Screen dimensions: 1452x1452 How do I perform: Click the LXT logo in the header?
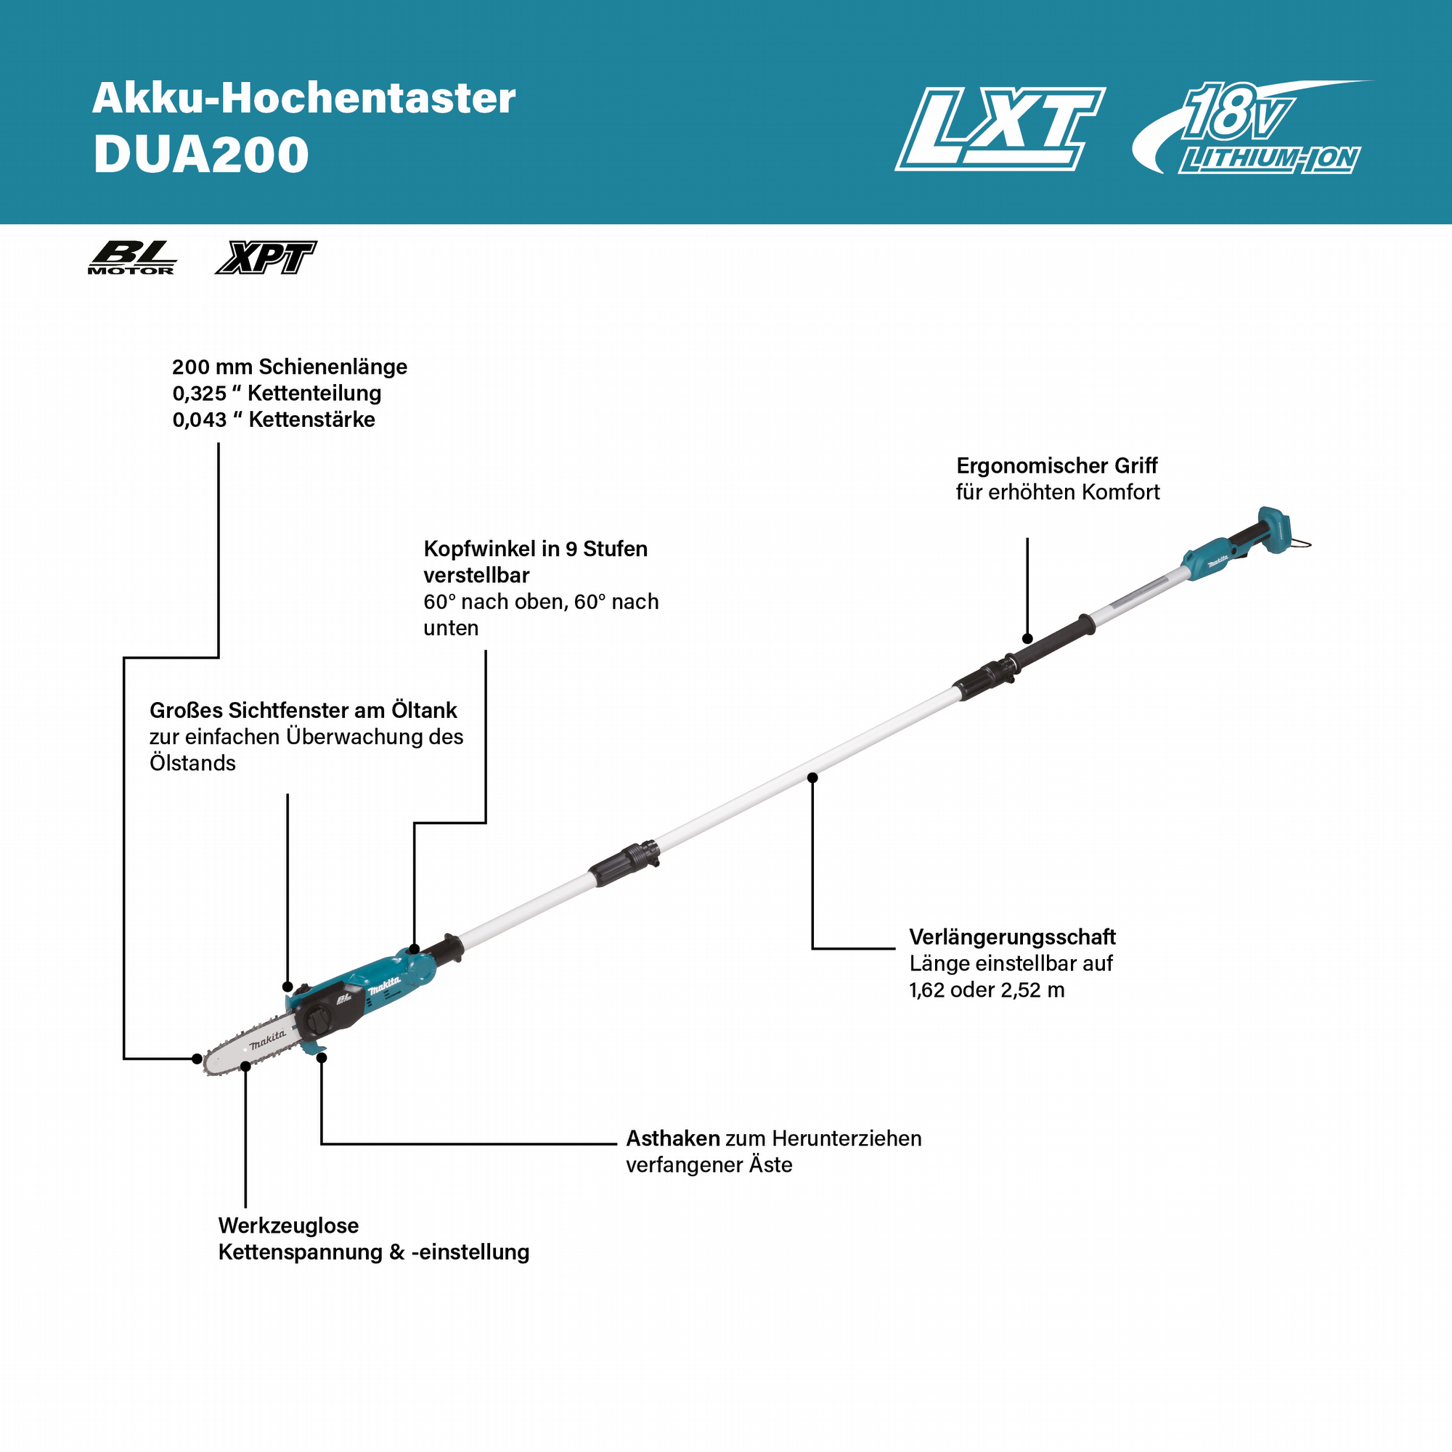tap(1000, 129)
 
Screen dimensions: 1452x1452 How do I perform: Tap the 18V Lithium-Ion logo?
tap(1252, 127)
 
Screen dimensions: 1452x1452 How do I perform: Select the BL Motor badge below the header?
tap(132, 258)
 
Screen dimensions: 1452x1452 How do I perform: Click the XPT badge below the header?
tap(266, 258)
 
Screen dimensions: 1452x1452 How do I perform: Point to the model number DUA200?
tap(201, 155)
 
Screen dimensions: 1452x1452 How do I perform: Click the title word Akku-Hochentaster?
tap(303, 99)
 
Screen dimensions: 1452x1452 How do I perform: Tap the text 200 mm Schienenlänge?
tap(290, 367)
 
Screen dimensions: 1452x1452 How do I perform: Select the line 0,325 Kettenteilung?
tap(277, 393)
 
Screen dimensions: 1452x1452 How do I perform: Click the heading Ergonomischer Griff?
tap(1056, 466)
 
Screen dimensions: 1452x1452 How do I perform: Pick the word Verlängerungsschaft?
tap(1012, 937)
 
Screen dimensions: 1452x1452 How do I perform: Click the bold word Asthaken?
tap(673, 1138)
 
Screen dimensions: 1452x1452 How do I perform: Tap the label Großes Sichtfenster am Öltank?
tap(303, 710)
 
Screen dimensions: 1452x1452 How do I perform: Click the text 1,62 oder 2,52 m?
tap(987, 990)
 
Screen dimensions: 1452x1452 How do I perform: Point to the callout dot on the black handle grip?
tap(1027, 639)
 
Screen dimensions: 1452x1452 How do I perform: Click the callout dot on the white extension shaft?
tap(812, 777)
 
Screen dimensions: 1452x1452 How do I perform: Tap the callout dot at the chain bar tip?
tap(197, 1059)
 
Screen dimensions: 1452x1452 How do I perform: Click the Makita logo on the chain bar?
tap(268, 1040)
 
